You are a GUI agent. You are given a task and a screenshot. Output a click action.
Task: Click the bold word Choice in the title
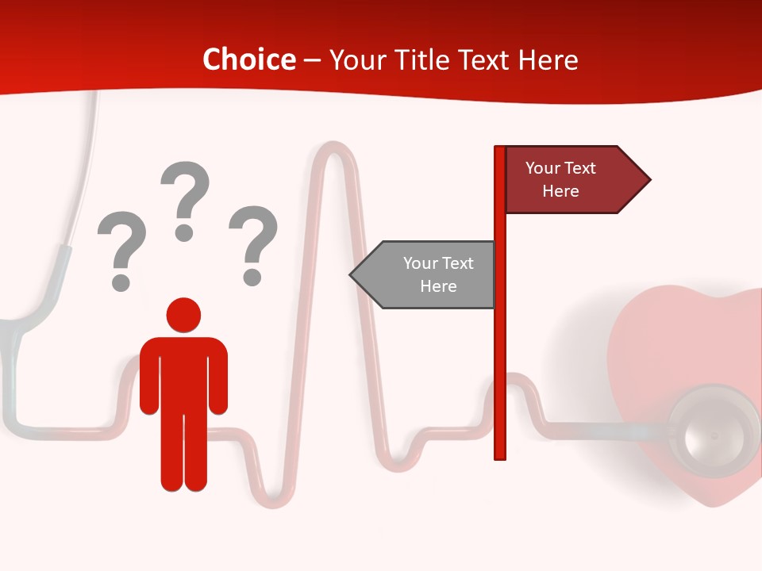[249, 59]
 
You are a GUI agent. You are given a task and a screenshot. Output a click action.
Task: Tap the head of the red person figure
[183, 315]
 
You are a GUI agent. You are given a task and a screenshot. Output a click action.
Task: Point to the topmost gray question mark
[185, 198]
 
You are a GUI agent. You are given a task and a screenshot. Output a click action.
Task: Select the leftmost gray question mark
[121, 247]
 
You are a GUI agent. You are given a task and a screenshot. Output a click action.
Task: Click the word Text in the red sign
[579, 168]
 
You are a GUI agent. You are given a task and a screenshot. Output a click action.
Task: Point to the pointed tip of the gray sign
[352, 275]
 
